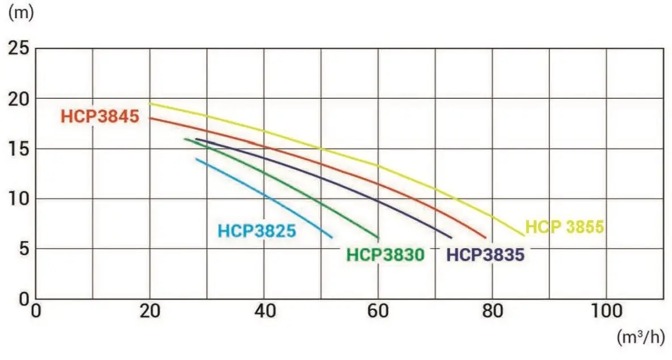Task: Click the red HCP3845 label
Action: click(x=99, y=118)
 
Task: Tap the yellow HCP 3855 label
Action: click(x=564, y=227)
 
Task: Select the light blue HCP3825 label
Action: click(x=257, y=231)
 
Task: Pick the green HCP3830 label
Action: click(x=385, y=255)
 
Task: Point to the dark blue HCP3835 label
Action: click(x=485, y=255)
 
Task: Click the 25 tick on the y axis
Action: click(x=19, y=48)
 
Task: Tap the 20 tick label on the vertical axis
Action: click(x=19, y=98)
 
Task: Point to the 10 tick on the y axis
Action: click(x=19, y=198)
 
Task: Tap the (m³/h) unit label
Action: click(x=640, y=337)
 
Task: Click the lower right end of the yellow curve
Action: click(x=524, y=235)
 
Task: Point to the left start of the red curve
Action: click(x=150, y=118)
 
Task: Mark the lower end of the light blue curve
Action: click(x=331, y=237)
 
